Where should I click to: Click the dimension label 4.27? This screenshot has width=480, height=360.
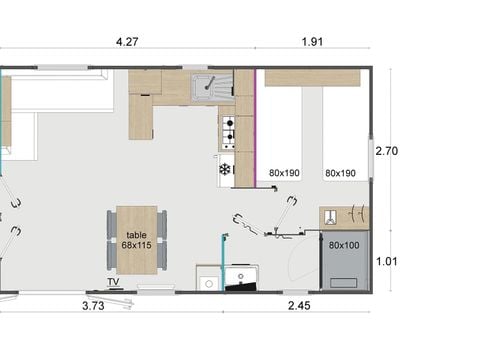point(126,43)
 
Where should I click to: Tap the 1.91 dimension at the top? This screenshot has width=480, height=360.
point(312,43)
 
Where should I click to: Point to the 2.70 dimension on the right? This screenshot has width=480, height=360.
point(388,151)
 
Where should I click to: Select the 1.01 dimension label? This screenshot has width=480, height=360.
point(388,262)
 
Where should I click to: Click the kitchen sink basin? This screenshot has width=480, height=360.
point(211,86)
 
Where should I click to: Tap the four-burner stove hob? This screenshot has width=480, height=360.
point(227,130)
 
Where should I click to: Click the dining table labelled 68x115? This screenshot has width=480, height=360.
point(137,239)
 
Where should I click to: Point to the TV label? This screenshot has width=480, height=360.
point(114,283)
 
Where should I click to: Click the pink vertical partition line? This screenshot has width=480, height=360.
point(256,120)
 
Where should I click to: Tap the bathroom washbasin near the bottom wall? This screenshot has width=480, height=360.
point(207,279)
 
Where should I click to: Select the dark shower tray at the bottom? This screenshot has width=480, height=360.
point(241,279)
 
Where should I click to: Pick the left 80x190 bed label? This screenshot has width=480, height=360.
point(285,172)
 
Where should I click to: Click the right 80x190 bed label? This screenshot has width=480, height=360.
point(340,172)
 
